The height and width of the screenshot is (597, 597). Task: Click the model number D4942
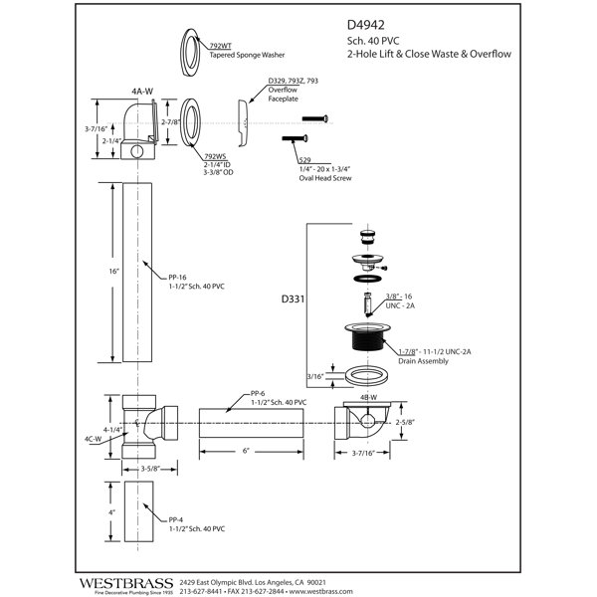tap(365, 25)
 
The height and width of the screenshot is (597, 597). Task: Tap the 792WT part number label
tap(220, 46)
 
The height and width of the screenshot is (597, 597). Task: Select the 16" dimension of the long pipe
tap(113, 272)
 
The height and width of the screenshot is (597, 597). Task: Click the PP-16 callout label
tap(177, 278)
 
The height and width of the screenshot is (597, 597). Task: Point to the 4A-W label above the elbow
tap(142, 92)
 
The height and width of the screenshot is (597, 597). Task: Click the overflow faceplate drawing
tap(243, 123)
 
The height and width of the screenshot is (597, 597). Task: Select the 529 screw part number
tap(304, 160)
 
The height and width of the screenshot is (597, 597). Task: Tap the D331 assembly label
tap(293, 299)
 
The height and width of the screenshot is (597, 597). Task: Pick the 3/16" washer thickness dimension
tap(315, 376)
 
